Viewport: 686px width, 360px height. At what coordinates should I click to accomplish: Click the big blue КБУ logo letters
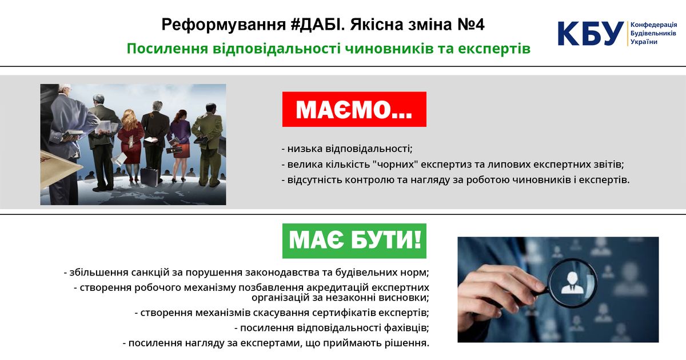pyautogui.click(x=591, y=34)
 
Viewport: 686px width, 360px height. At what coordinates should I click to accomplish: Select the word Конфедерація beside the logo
pyautogui.click(x=653, y=25)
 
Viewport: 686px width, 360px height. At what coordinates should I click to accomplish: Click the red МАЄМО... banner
pyautogui.click(x=354, y=109)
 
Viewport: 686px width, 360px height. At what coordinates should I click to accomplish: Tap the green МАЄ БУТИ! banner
pyautogui.click(x=354, y=241)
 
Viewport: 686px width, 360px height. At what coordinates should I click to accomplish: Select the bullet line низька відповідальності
pyautogui.click(x=347, y=149)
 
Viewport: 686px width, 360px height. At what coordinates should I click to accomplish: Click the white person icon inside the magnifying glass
pyautogui.click(x=572, y=283)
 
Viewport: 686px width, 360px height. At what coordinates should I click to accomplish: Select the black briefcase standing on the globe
pyautogui.click(x=150, y=177)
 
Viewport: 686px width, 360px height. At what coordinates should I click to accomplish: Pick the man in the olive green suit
pyautogui.click(x=209, y=145)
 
